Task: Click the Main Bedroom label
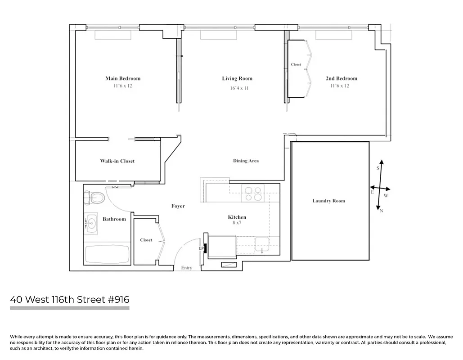(123, 78)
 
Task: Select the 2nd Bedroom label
(342, 78)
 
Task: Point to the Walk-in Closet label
(117, 161)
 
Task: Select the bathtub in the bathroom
(107, 254)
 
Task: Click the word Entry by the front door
(186, 268)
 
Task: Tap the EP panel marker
(202, 248)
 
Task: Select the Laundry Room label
(328, 201)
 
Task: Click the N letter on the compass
(382, 211)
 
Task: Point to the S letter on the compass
(378, 168)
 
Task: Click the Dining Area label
(246, 161)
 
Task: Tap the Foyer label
(178, 206)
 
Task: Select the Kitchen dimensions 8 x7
(237, 223)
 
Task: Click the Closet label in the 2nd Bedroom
(296, 64)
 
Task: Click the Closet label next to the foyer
(146, 240)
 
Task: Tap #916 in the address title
(119, 300)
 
